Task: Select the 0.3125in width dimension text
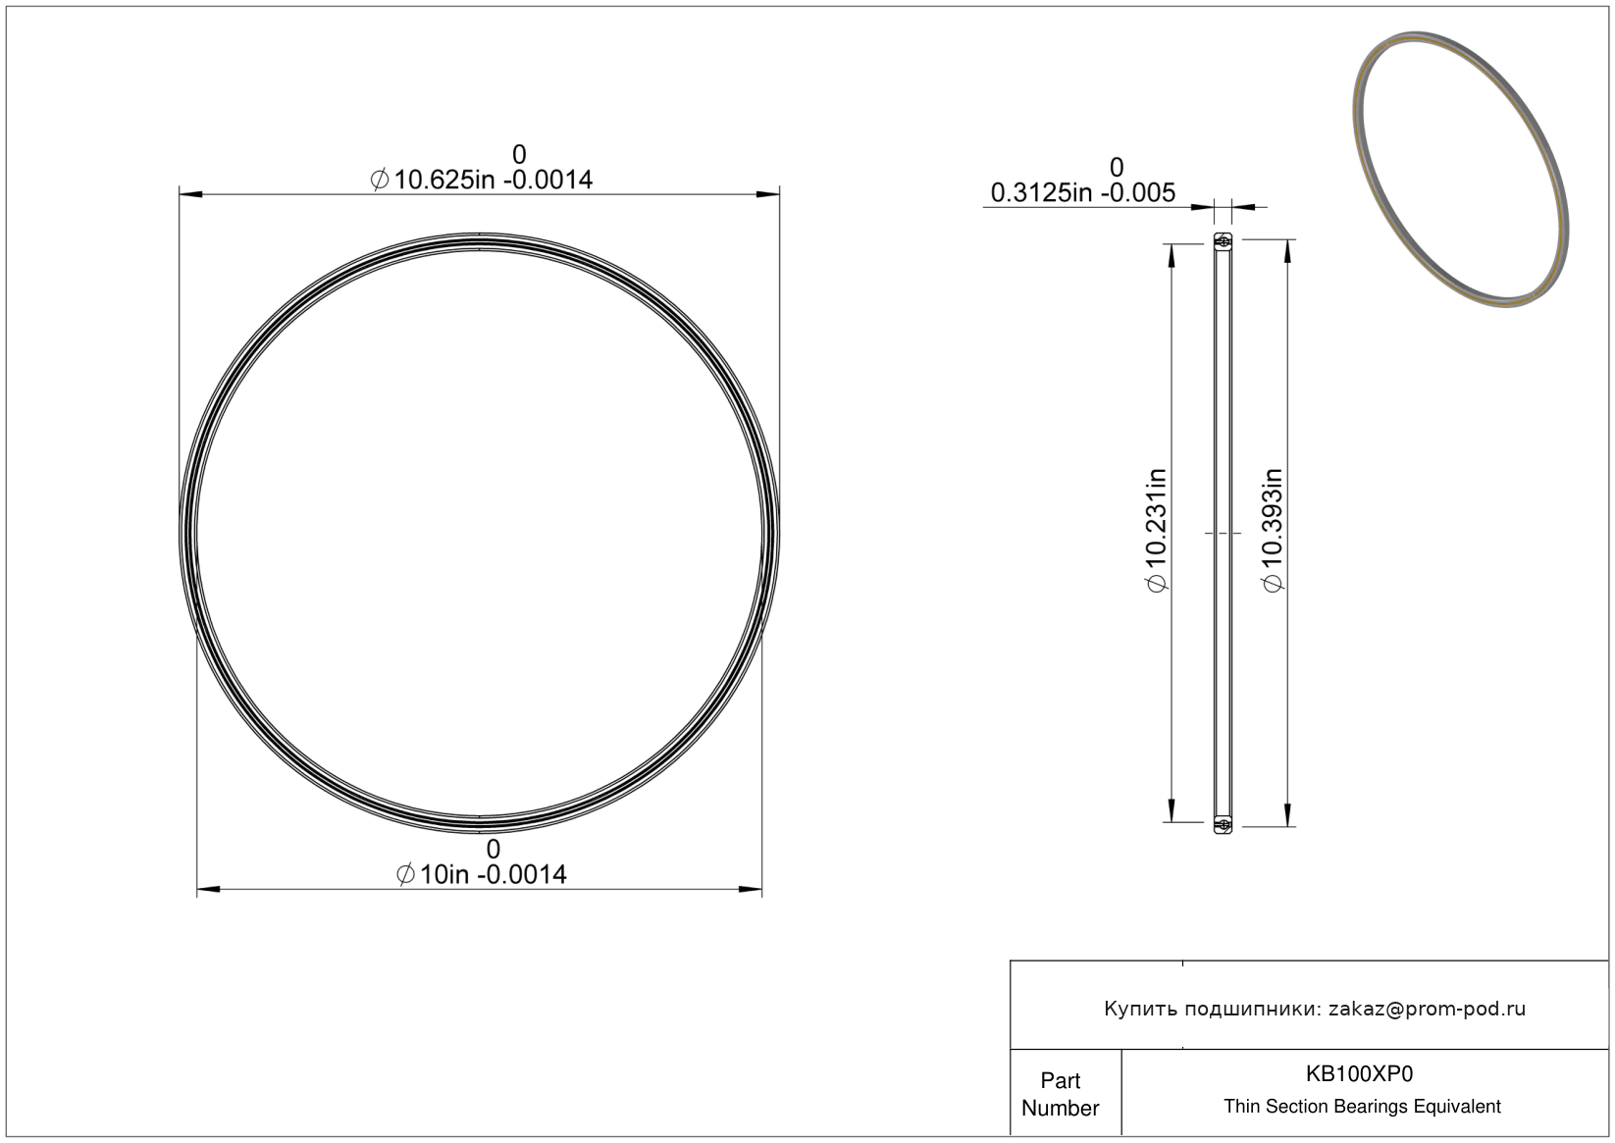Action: pyautogui.click(x=1083, y=192)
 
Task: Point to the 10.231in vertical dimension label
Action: pyautogui.click(x=1157, y=530)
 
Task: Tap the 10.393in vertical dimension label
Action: pyautogui.click(x=1273, y=530)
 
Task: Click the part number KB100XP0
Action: pyautogui.click(x=1359, y=1073)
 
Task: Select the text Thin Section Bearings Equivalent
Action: pyautogui.click(x=1362, y=1107)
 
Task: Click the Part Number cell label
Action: pyautogui.click(x=1060, y=1094)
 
